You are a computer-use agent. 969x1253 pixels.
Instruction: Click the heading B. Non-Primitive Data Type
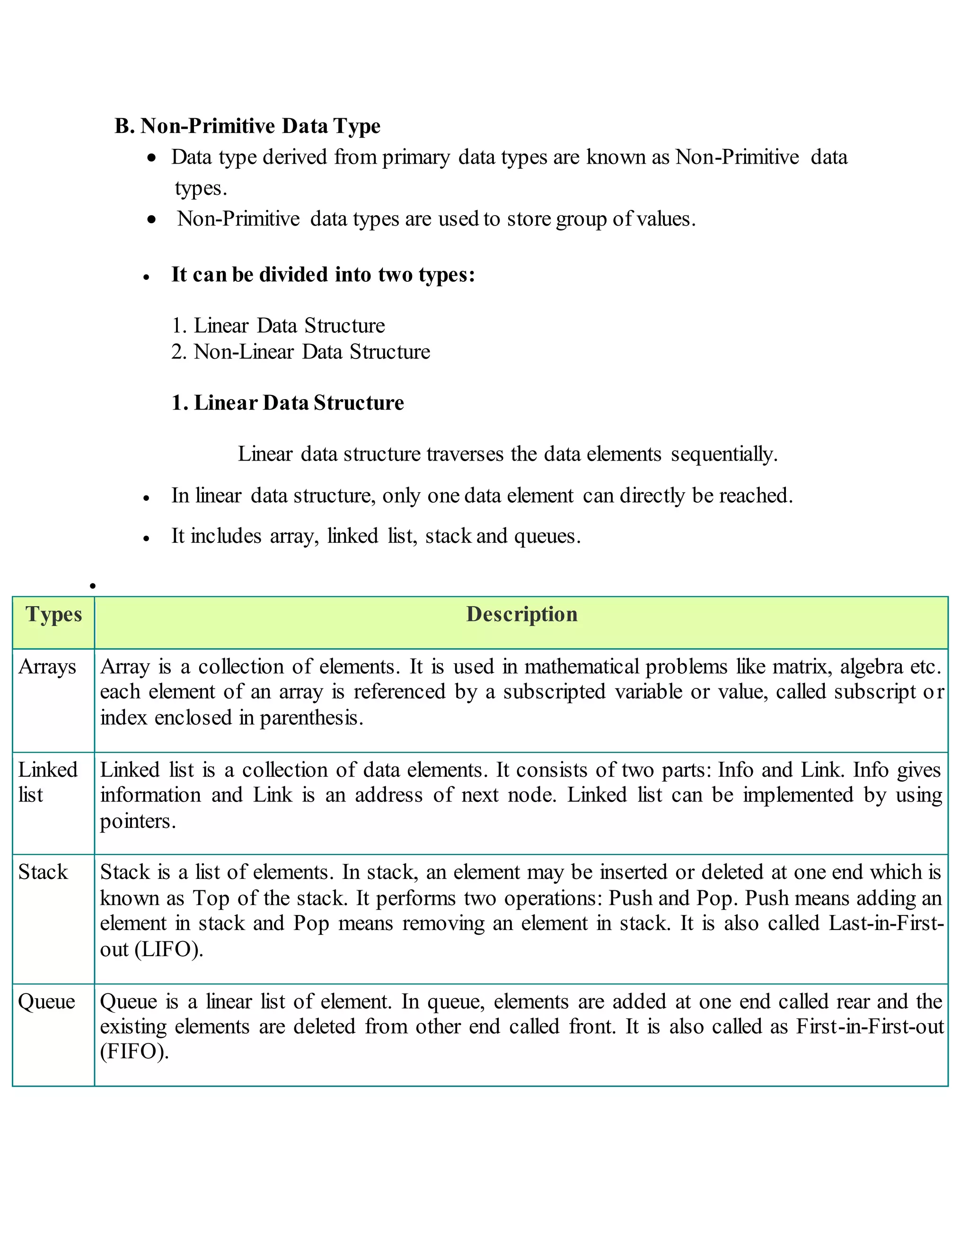pos(247,126)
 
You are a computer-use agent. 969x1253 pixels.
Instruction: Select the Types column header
pos(53,615)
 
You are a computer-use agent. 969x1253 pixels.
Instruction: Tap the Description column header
pos(521,615)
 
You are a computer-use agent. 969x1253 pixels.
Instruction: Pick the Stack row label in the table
pos(43,872)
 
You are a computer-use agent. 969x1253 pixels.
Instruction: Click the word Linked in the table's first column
pos(48,770)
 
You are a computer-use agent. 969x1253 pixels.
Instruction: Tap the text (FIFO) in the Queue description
pos(134,1052)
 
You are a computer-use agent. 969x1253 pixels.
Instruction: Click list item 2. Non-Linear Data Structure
pos(300,352)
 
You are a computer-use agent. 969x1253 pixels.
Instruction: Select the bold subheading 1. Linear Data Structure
pos(287,403)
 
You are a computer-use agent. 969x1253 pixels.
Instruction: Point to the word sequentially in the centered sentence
pos(724,454)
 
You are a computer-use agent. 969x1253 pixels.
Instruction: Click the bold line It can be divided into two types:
pos(323,274)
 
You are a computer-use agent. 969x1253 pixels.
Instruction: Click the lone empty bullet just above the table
pos(92,586)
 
